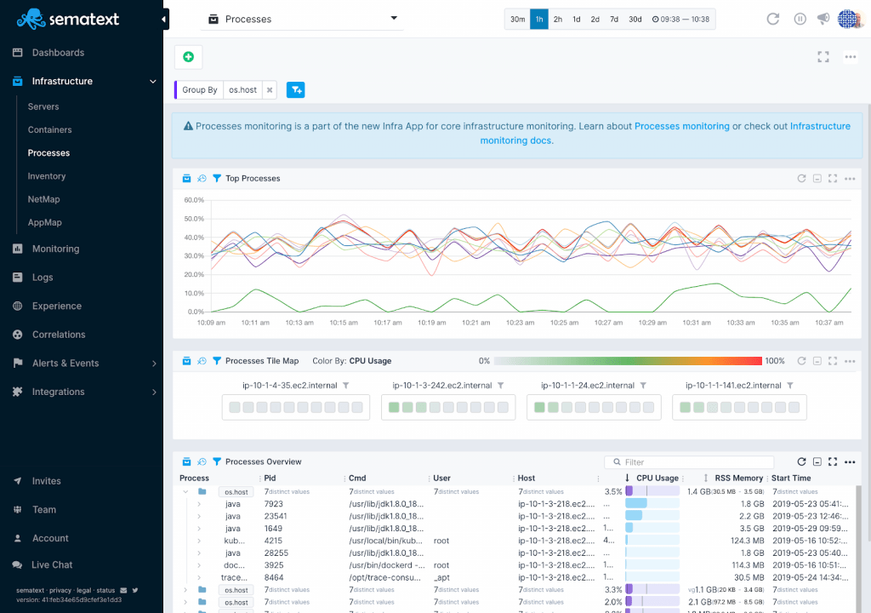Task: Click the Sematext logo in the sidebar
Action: [68, 19]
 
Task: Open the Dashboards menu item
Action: [58, 53]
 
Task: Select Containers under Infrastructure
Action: [49, 130]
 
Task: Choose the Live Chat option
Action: [52, 564]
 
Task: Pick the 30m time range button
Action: [517, 19]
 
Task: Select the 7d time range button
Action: [614, 19]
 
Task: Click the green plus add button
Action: [188, 57]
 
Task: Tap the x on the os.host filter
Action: [269, 89]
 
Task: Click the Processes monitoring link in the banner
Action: [681, 126]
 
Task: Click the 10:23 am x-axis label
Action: [520, 323]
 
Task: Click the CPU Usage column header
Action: [657, 478]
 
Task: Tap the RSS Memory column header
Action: [738, 478]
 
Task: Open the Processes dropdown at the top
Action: [302, 19]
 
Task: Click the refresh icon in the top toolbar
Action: [772, 19]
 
